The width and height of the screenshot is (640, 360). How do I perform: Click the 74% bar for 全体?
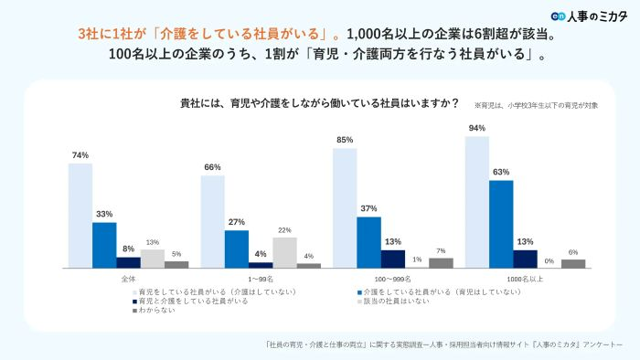80,216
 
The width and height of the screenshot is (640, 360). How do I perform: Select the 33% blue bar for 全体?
104,245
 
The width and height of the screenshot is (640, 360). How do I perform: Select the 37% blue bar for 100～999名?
368,242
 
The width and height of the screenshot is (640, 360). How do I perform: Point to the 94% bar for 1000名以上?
476,202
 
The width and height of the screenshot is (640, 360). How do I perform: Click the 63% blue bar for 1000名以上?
501,224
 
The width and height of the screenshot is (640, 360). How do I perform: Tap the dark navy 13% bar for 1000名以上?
525,259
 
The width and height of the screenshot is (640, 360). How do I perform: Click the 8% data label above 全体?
128,249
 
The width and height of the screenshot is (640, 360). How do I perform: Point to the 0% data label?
549,260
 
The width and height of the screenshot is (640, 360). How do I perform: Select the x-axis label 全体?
128,277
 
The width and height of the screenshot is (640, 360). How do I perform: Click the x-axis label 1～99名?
261,277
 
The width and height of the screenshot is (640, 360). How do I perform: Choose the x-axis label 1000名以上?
525,277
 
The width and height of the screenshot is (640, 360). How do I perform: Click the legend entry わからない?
157,310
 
